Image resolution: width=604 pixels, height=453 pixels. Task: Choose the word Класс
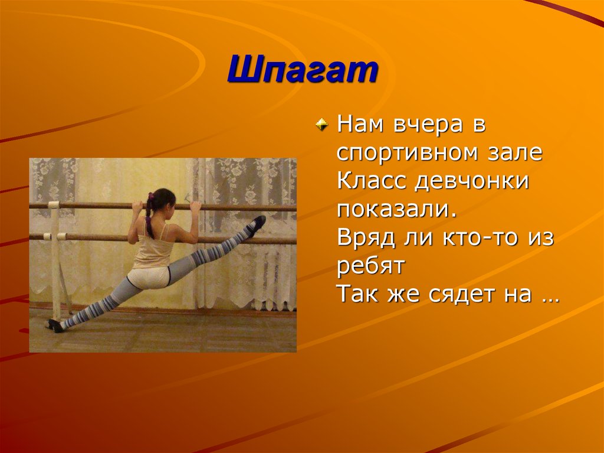(x=370, y=182)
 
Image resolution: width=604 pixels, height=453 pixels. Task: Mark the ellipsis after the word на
(x=548, y=295)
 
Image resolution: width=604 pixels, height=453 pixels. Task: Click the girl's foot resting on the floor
(x=55, y=325)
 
